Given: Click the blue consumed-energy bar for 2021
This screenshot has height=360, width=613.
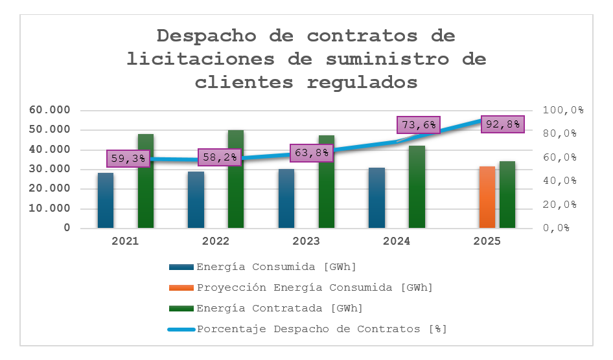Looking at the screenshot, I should click(x=106, y=201).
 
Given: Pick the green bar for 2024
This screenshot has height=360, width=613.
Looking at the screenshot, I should click(x=417, y=188).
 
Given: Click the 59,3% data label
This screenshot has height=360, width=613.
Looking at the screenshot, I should click(x=128, y=159).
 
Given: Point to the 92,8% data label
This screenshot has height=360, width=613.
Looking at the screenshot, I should click(x=503, y=124).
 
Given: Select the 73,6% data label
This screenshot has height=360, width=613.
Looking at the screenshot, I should click(x=419, y=126).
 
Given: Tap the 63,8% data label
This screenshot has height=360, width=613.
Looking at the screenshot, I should click(x=312, y=153).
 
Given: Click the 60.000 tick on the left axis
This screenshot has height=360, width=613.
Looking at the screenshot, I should click(x=50, y=110).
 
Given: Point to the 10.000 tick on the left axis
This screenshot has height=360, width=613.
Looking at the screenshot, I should click(x=50, y=208).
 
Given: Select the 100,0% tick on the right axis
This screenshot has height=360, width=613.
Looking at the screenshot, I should click(x=563, y=110).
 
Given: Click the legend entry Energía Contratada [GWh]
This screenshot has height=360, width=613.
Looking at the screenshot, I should click(x=279, y=308).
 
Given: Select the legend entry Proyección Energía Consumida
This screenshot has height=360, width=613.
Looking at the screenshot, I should click(x=314, y=287).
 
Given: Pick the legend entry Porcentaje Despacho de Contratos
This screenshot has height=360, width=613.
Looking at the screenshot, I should click(x=321, y=328).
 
